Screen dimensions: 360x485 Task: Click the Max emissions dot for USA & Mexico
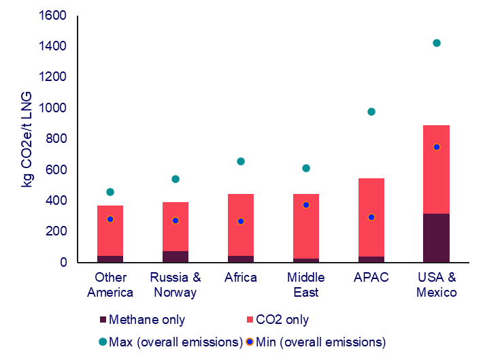click(x=437, y=43)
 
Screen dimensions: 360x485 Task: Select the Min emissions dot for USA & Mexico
click(x=437, y=147)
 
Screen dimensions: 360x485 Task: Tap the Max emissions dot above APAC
click(x=371, y=112)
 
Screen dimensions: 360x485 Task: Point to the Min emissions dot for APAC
click(x=371, y=217)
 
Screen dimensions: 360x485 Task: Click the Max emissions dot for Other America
click(x=110, y=192)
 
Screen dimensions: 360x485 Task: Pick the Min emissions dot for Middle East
click(x=306, y=205)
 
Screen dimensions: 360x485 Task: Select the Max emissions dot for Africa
click(x=241, y=161)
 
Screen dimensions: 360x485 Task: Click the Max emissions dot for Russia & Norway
click(x=175, y=179)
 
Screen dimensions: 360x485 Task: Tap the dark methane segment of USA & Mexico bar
click(x=437, y=238)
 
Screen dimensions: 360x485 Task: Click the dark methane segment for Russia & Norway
click(x=175, y=257)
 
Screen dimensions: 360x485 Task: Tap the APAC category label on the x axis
click(x=371, y=278)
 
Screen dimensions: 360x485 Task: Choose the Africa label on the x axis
click(x=241, y=278)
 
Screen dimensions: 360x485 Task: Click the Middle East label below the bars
click(x=306, y=284)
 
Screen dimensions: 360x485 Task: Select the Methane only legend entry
click(x=147, y=320)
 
